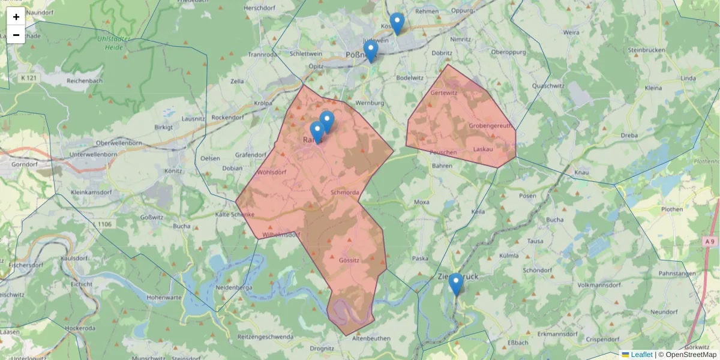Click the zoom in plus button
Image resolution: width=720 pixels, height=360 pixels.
(16, 17)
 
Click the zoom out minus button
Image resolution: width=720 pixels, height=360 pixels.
(16, 35)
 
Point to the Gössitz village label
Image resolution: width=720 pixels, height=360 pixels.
(349, 260)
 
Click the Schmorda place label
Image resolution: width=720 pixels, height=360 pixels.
(344, 192)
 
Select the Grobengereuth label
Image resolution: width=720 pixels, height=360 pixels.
(491, 126)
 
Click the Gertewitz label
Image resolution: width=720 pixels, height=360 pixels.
(444, 94)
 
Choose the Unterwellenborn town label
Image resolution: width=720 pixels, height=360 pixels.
(93, 154)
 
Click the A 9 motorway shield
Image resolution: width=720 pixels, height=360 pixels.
(710, 241)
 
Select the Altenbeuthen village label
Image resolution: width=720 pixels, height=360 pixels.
(371, 338)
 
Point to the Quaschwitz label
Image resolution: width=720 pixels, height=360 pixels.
(548, 86)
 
